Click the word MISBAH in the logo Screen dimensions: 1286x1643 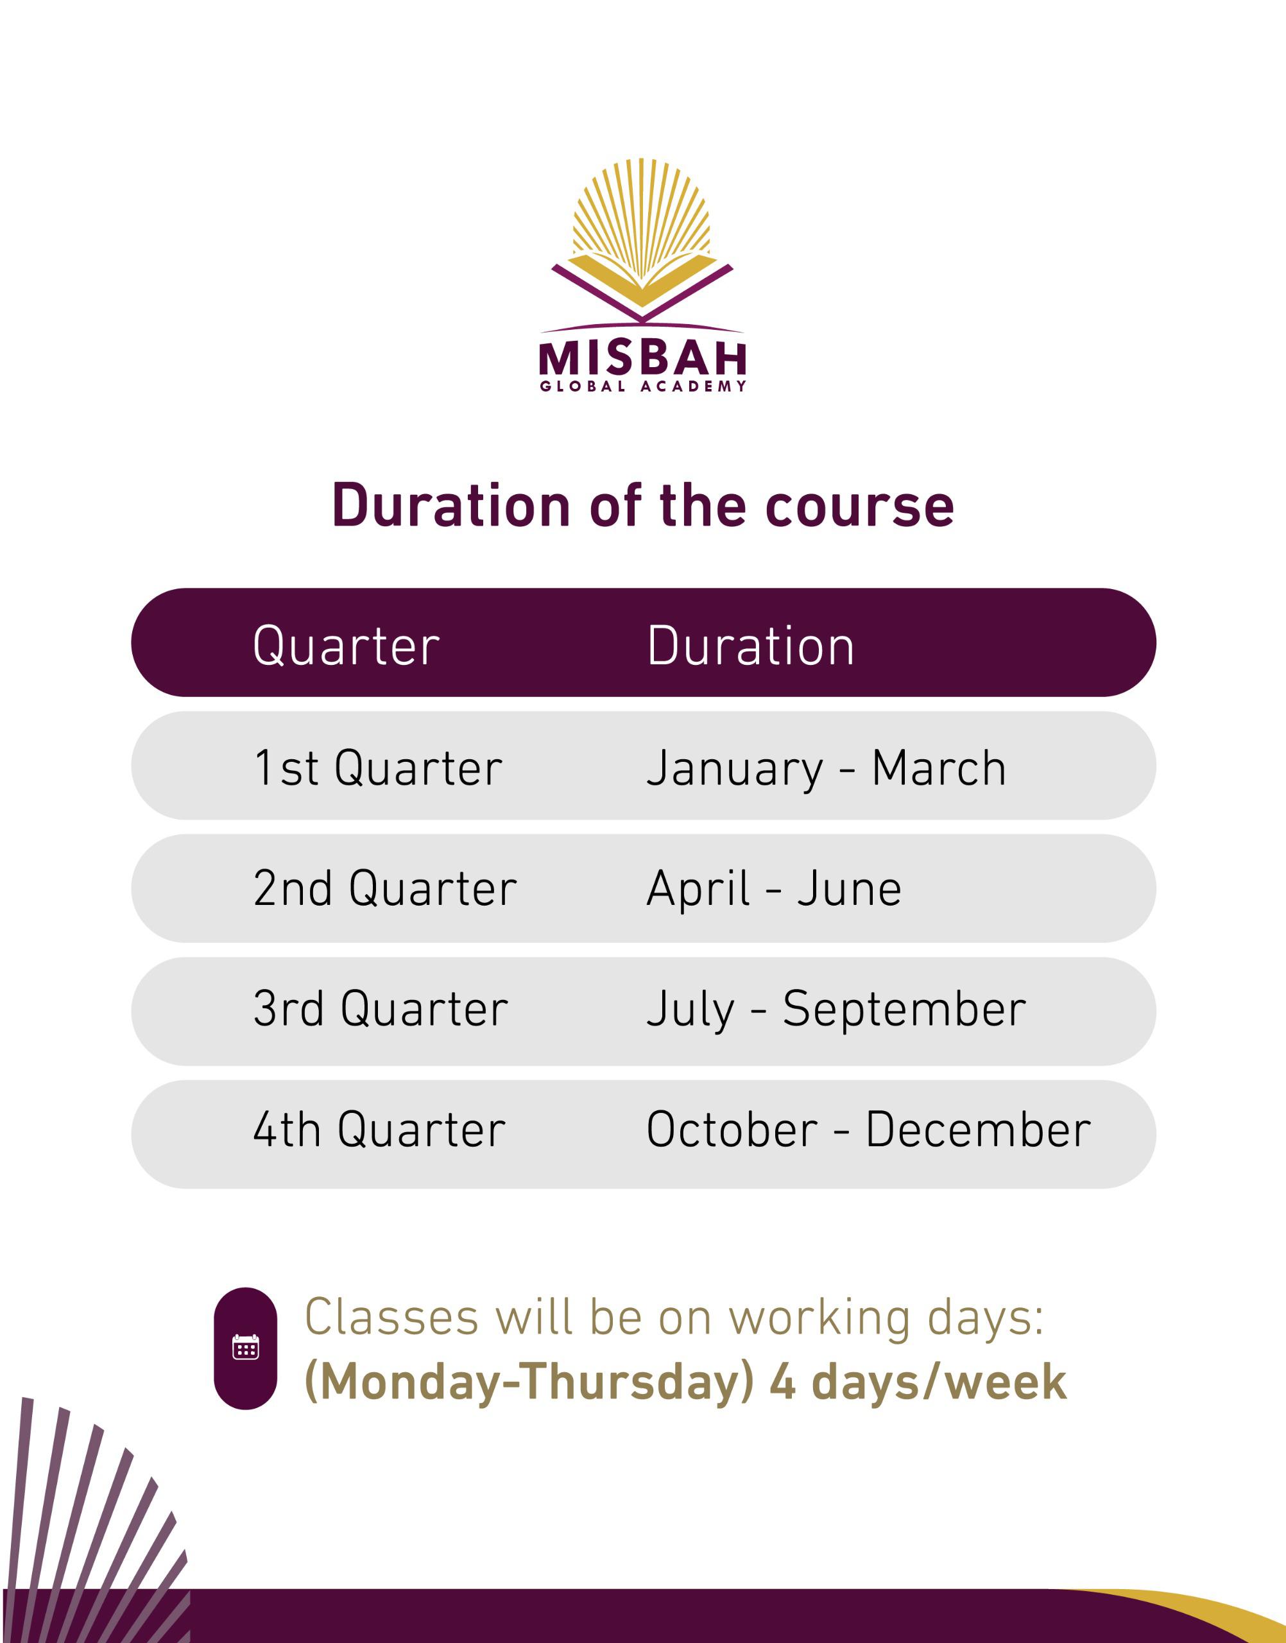pyautogui.click(x=642, y=359)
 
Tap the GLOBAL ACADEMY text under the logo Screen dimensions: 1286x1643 pyautogui.click(x=642, y=386)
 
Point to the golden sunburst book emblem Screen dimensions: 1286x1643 pyautogui.click(x=642, y=240)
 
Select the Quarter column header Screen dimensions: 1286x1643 pyautogui.click(x=347, y=646)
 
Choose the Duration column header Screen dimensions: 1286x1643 pyautogui.click(x=751, y=646)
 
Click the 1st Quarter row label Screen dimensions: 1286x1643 pyautogui.click(x=378, y=768)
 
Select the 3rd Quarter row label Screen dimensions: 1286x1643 pyautogui.click(x=381, y=1009)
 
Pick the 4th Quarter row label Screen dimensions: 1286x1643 pyautogui.click(x=379, y=1130)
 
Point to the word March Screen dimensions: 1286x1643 pyautogui.click(x=939, y=768)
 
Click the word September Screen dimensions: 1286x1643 pyautogui.click(x=904, y=1010)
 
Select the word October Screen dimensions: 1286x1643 pyautogui.click(x=732, y=1130)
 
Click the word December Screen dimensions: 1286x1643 pyautogui.click(x=978, y=1130)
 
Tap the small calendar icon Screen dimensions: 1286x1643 pyautogui.click(x=245, y=1347)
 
